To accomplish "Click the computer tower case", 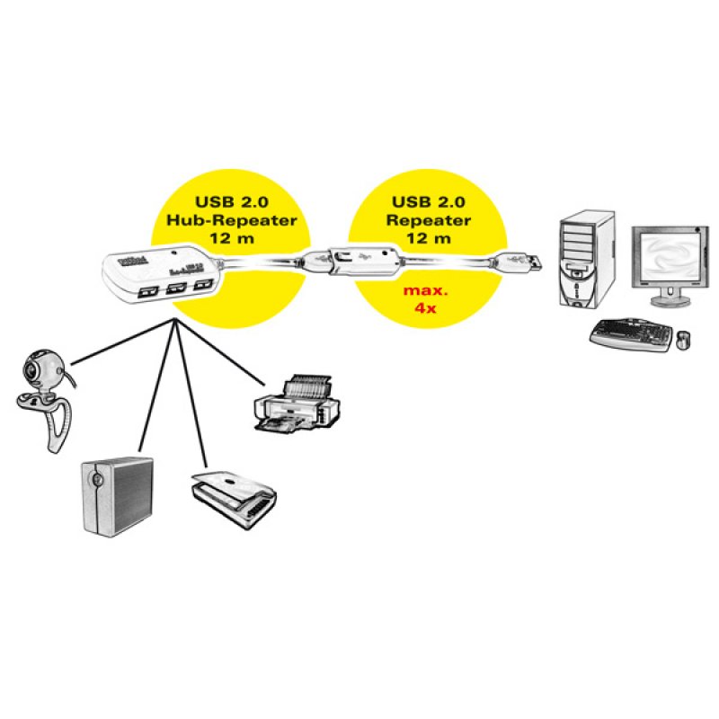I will (586, 260).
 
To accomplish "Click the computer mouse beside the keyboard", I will (684, 341).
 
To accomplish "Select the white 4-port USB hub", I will (162, 270).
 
